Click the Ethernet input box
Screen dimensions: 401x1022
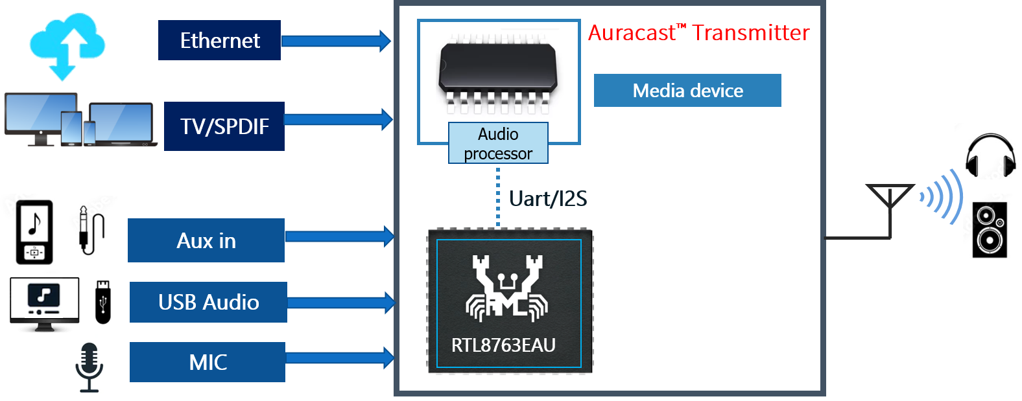tap(219, 40)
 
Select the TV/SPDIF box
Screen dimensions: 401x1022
tap(224, 126)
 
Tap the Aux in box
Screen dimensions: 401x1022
tap(206, 240)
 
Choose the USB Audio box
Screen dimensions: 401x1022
tap(208, 302)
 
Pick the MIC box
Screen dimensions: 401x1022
tap(208, 362)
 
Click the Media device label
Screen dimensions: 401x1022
tap(687, 90)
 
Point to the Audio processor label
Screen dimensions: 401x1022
tap(498, 143)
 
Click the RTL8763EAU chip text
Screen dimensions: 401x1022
tap(503, 345)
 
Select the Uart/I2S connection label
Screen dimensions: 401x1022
tap(548, 198)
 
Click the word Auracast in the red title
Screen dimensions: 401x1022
tap(631, 33)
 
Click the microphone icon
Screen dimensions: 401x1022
tap(89, 367)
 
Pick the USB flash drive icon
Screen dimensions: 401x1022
tap(104, 301)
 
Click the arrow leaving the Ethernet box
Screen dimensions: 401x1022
tap(336, 41)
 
